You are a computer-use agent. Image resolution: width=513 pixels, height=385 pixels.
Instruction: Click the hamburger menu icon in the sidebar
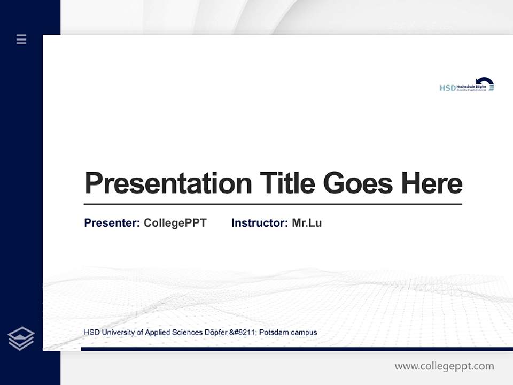[x=21, y=39]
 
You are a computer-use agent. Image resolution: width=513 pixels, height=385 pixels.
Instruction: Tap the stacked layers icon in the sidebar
[x=21, y=338]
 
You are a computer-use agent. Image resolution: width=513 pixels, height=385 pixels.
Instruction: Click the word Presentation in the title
[x=168, y=183]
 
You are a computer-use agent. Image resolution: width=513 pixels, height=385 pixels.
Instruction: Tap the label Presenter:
[x=112, y=223]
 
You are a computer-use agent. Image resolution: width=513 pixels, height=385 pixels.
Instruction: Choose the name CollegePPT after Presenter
[x=175, y=223]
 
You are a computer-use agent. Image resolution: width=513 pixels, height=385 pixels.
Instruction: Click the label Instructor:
[x=259, y=223]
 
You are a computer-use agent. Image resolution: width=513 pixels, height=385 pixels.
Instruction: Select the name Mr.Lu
[x=307, y=223]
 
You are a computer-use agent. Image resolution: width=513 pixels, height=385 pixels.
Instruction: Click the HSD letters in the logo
[x=447, y=88]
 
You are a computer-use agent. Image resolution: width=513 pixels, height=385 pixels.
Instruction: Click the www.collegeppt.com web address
[x=444, y=366]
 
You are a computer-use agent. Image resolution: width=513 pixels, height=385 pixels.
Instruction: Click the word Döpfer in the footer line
[x=216, y=333]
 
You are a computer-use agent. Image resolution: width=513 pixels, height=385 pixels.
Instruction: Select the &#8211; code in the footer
[x=244, y=333]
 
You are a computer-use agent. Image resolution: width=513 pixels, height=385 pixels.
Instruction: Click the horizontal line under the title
[x=273, y=204]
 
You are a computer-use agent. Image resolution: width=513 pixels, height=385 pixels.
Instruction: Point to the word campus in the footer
[x=304, y=333]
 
